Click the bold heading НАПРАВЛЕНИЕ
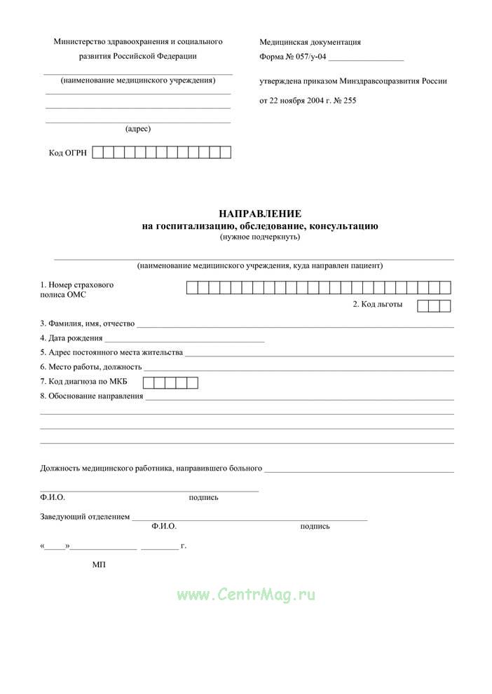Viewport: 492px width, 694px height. tap(259, 213)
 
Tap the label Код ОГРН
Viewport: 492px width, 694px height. tap(68, 153)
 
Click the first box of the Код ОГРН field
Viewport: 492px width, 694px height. tap(98, 153)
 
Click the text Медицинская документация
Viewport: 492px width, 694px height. tap(310, 42)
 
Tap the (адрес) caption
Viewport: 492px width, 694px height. tap(138, 129)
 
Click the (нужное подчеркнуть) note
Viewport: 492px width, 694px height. tap(259, 237)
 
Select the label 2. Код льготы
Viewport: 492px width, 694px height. tap(377, 304)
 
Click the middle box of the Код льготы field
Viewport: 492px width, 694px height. tap(434, 305)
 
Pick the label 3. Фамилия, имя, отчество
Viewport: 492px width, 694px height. tap(87, 324)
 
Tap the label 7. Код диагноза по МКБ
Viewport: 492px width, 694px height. tap(88, 382)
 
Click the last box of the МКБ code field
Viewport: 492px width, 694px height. tap(192, 382)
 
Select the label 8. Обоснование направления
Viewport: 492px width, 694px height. tap(91, 396)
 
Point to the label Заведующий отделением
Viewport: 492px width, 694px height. tap(85, 517)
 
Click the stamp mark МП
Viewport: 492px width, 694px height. tap(98, 564)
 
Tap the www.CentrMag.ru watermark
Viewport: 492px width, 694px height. tap(246, 595)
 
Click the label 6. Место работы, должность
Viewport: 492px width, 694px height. tap(91, 367)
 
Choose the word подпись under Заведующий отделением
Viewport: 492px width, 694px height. tap(315, 526)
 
